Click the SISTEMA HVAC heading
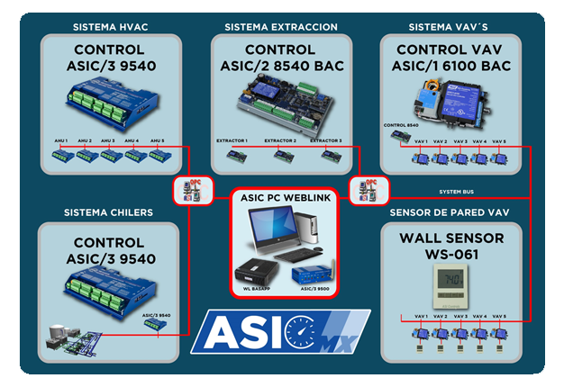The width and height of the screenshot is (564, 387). coord(108,27)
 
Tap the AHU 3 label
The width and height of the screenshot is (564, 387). coord(108,140)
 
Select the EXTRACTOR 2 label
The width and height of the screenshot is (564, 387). coord(278,140)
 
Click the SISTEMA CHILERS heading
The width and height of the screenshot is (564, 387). coord(108,213)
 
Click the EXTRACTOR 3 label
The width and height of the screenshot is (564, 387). coord(325,140)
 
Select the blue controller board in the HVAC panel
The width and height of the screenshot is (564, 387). coord(108,99)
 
